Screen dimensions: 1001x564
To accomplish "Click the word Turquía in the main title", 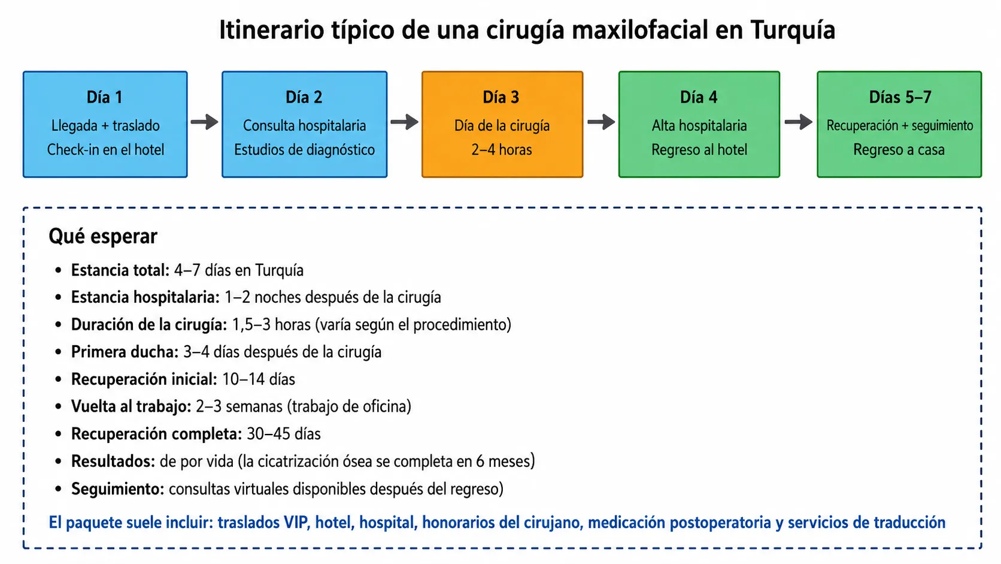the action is (x=792, y=30).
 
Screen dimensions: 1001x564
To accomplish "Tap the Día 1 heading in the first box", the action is (x=105, y=97).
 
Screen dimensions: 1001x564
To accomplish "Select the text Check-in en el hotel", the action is (x=105, y=149).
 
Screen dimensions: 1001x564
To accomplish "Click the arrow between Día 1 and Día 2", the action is (x=205, y=122).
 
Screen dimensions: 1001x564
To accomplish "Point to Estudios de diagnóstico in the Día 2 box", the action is (x=304, y=149).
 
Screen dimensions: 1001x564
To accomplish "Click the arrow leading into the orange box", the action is (x=405, y=122).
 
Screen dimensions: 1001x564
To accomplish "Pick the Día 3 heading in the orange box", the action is (x=501, y=97).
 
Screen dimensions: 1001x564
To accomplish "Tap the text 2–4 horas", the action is (x=501, y=149).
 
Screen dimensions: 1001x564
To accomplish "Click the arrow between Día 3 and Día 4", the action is (x=601, y=122).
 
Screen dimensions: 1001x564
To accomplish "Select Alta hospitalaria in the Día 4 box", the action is (x=699, y=126).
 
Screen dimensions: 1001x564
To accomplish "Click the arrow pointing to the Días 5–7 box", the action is (x=799, y=122).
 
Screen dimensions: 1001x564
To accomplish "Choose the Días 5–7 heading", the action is (x=900, y=97).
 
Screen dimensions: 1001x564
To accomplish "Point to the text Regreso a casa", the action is (x=899, y=149).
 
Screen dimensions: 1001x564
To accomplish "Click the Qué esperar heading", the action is (x=103, y=236).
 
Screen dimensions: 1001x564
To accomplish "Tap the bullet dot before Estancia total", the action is (x=58, y=270).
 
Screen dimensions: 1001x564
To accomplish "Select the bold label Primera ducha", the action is (x=125, y=352).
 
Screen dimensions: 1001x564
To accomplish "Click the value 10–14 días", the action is (x=258, y=379).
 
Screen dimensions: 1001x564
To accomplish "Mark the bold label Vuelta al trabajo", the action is (x=131, y=406).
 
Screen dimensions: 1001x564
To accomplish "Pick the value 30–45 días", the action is (x=284, y=434).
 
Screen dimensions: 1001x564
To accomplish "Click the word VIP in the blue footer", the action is (x=297, y=523).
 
